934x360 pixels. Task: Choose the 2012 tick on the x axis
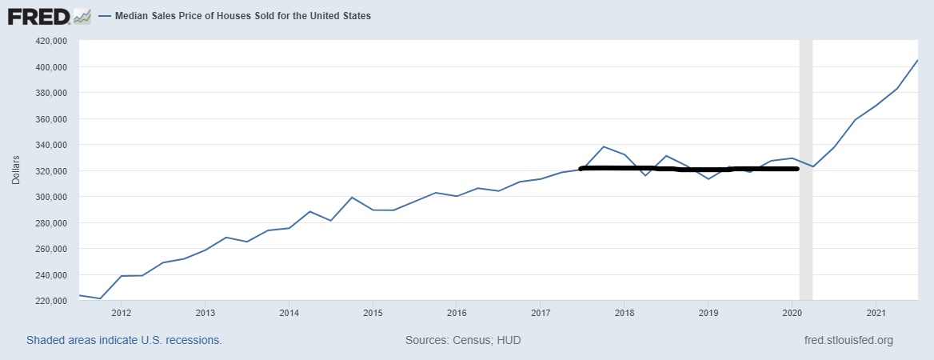[122, 312]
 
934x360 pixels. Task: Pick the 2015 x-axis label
[373, 312]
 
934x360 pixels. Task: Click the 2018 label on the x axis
[624, 312]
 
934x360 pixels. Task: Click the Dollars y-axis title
[15, 170]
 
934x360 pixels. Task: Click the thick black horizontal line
[688, 169]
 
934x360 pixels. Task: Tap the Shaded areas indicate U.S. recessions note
[124, 340]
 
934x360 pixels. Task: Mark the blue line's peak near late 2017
[603, 146]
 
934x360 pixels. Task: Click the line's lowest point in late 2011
[100, 298]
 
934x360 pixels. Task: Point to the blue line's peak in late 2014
[352, 197]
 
